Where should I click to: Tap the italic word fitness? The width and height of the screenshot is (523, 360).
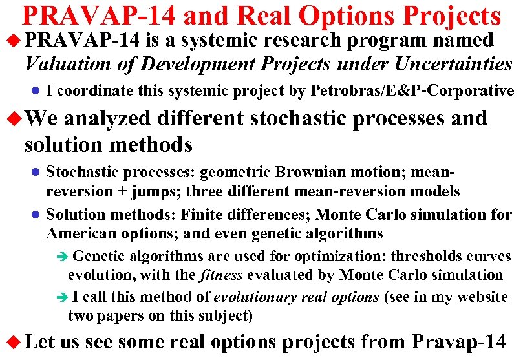(x=220, y=275)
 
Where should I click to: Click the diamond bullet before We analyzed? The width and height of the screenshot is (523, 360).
(x=13, y=119)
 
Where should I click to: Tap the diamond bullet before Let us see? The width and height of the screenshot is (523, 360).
(x=13, y=341)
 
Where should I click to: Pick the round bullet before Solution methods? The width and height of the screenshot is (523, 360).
(x=36, y=214)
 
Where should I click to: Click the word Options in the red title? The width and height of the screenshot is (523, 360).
(x=339, y=17)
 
